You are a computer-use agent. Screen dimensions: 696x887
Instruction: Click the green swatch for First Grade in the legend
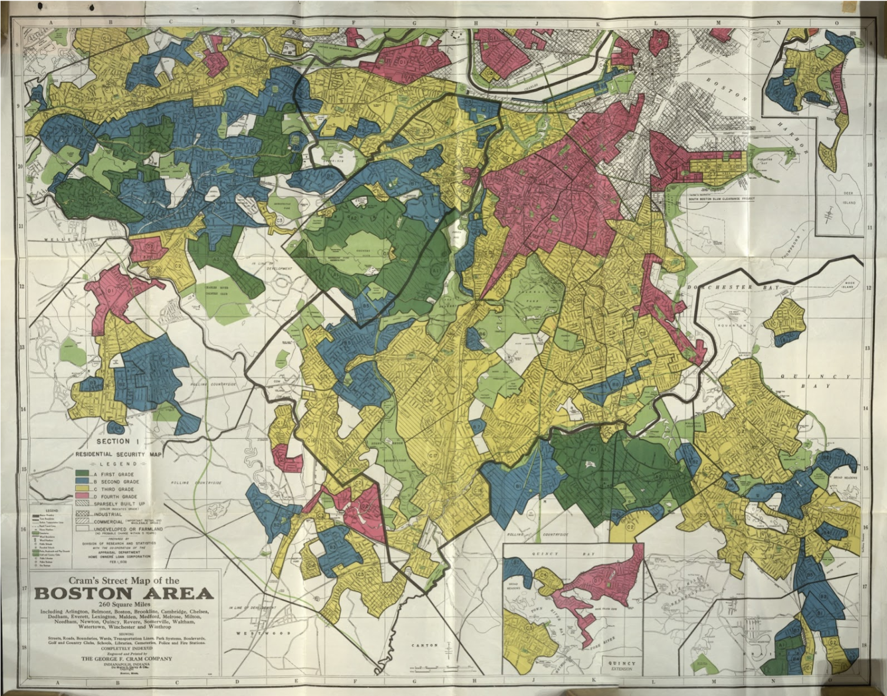[82, 474]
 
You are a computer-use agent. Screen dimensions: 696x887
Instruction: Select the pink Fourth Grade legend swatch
[82, 497]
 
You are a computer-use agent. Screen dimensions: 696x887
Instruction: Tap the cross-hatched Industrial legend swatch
[82, 514]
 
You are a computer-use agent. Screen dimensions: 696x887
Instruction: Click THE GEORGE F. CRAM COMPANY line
[126, 658]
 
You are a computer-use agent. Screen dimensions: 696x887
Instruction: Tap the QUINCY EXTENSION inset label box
[622, 666]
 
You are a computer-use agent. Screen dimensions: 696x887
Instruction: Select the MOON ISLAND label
[849, 285]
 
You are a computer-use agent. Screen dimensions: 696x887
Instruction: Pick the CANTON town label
[425, 645]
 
